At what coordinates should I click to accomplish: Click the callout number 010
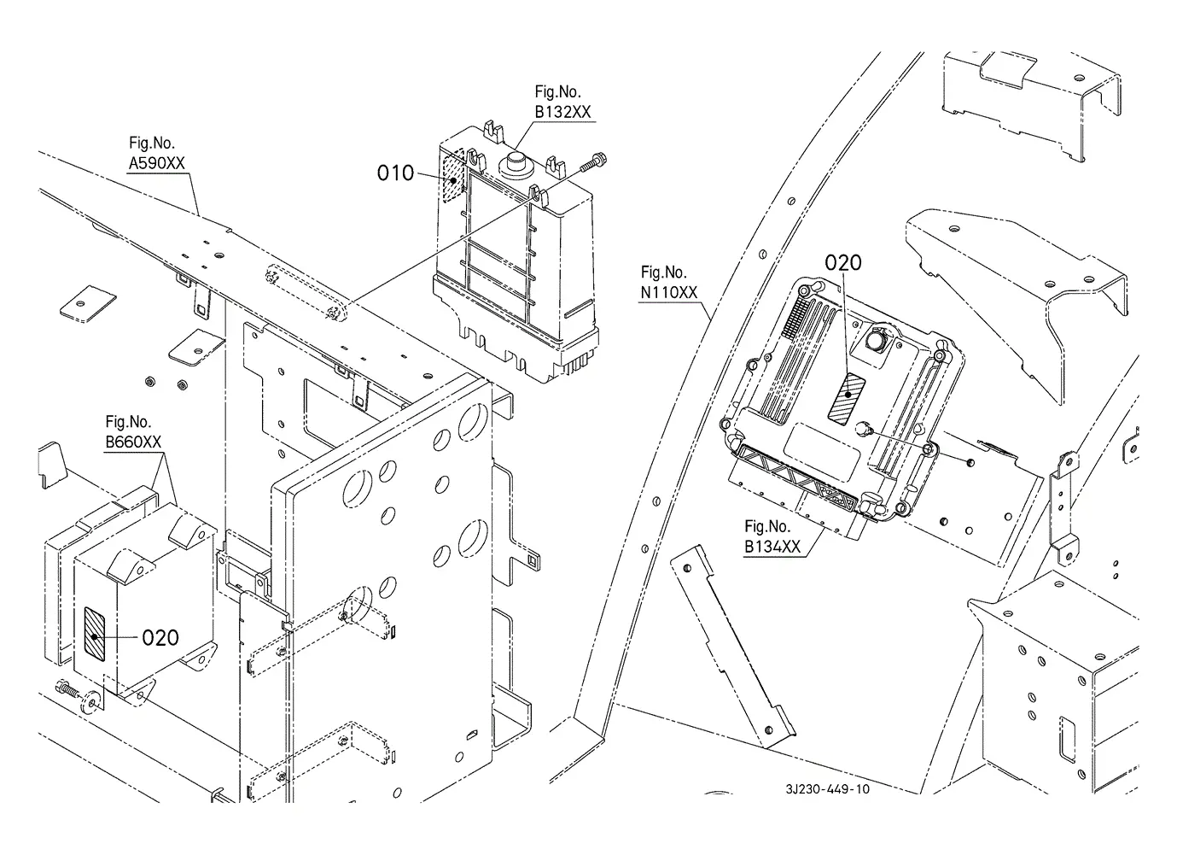[395, 173]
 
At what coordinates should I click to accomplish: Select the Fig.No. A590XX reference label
[156, 153]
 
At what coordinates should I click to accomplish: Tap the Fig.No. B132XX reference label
[562, 102]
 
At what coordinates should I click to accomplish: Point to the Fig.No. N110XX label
[668, 283]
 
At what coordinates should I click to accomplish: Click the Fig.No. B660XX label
[133, 431]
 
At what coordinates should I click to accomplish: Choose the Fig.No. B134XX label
[772, 536]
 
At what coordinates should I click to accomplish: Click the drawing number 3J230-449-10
[828, 789]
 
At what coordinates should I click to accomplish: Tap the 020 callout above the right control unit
[842, 262]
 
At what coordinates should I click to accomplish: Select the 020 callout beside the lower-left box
[160, 638]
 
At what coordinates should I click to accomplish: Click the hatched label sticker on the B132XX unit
[453, 176]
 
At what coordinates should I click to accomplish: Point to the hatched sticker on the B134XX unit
[846, 397]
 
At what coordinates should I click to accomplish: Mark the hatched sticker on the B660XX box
[95, 634]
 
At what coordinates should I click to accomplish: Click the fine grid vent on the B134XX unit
[792, 316]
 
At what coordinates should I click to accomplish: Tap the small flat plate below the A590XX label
[88, 303]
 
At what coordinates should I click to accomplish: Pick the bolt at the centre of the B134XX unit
[863, 429]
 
